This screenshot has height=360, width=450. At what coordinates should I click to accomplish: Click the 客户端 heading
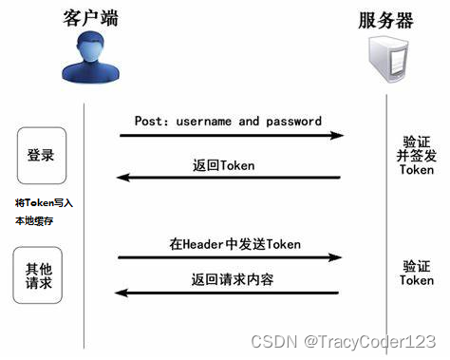(x=91, y=18)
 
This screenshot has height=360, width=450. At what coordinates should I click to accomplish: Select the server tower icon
(x=388, y=59)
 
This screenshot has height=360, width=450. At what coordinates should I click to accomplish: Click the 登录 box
(x=42, y=155)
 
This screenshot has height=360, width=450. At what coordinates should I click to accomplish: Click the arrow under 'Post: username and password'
(x=231, y=136)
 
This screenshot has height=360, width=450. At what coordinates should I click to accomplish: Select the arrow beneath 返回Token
(x=228, y=178)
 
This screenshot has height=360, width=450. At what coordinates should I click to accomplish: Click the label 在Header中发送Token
(x=234, y=244)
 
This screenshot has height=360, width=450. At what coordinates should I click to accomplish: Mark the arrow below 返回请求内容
(x=228, y=293)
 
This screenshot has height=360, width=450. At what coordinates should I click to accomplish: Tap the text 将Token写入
(x=44, y=202)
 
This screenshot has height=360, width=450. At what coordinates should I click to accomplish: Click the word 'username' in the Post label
(x=201, y=122)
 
